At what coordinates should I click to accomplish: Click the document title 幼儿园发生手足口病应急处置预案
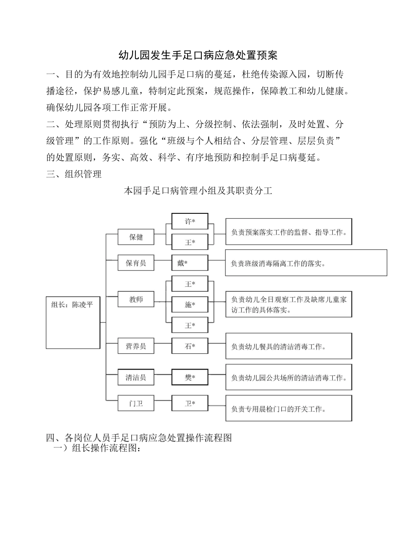coord(198,55)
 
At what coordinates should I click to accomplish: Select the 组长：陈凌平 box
coord(73,322)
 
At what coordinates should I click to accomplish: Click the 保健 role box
coord(136,237)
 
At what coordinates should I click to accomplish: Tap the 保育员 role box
coord(136,263)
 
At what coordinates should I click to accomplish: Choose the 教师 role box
coord(136,299)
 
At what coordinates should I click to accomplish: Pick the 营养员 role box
coord(136,346)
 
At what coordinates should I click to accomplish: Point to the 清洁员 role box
coord(136,377)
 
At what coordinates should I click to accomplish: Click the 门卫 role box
coord(136,403)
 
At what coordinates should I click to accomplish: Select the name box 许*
coord(190,221)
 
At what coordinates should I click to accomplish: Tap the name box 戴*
coord(190,263)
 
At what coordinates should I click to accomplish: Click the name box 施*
coord(190,305)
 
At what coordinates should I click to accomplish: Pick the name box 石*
coord(190,346)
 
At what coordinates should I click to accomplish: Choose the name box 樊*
coord(190,377)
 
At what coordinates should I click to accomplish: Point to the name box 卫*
coord(190,403)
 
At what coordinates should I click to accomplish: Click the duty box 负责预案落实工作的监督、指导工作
coord(289,232)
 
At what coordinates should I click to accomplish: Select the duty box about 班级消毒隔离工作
coord(306,263)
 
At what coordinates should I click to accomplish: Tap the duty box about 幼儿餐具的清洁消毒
coord(289,346)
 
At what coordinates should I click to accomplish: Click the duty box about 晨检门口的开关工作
coord(289,409)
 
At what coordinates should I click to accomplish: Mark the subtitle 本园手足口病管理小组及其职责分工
coord(198,191)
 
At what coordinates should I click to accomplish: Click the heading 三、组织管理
coord(74,174)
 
